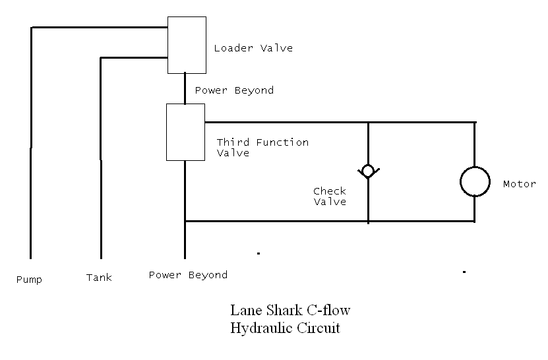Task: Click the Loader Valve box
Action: click(187, 45)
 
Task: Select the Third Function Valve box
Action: click(185, 132)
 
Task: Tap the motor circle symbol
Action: click(475, 181)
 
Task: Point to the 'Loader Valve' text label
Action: click(253, 48)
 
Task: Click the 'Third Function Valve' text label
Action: click(262, 148)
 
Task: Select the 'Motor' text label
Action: click(519, 184)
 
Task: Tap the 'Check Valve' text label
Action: click(330, 196)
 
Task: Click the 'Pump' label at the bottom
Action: click(29, 280)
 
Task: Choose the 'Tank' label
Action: click(99, 278)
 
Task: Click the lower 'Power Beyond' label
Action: click(188, 275)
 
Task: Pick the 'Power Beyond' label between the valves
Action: click(234, 90)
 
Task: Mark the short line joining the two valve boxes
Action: click(185, 88)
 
